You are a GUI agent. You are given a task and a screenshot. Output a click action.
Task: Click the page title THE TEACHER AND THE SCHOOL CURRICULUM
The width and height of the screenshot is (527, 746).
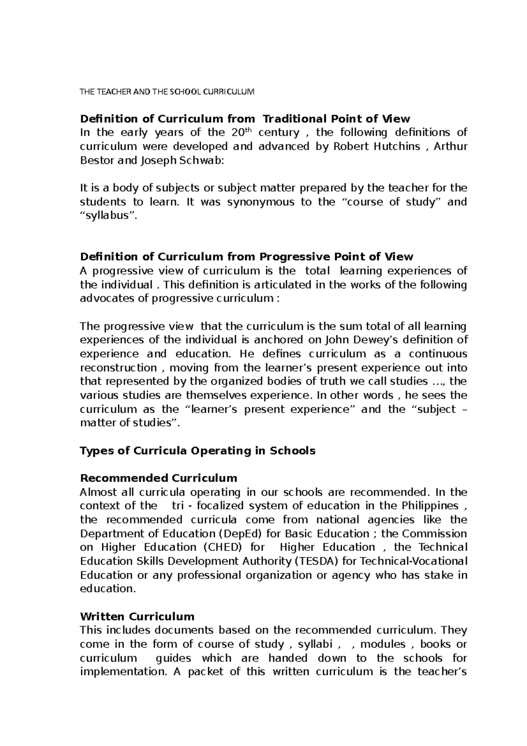tap(166, 92)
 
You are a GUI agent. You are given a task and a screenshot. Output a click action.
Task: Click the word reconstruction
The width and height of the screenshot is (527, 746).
tap(118, 367)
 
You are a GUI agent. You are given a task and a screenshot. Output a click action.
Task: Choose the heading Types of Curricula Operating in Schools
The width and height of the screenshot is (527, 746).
tap(197, 451)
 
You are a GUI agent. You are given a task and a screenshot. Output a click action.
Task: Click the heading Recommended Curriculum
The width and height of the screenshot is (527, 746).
tap(158, 478)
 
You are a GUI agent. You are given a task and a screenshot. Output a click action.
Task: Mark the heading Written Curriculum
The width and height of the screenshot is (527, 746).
tap(137, 616)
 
